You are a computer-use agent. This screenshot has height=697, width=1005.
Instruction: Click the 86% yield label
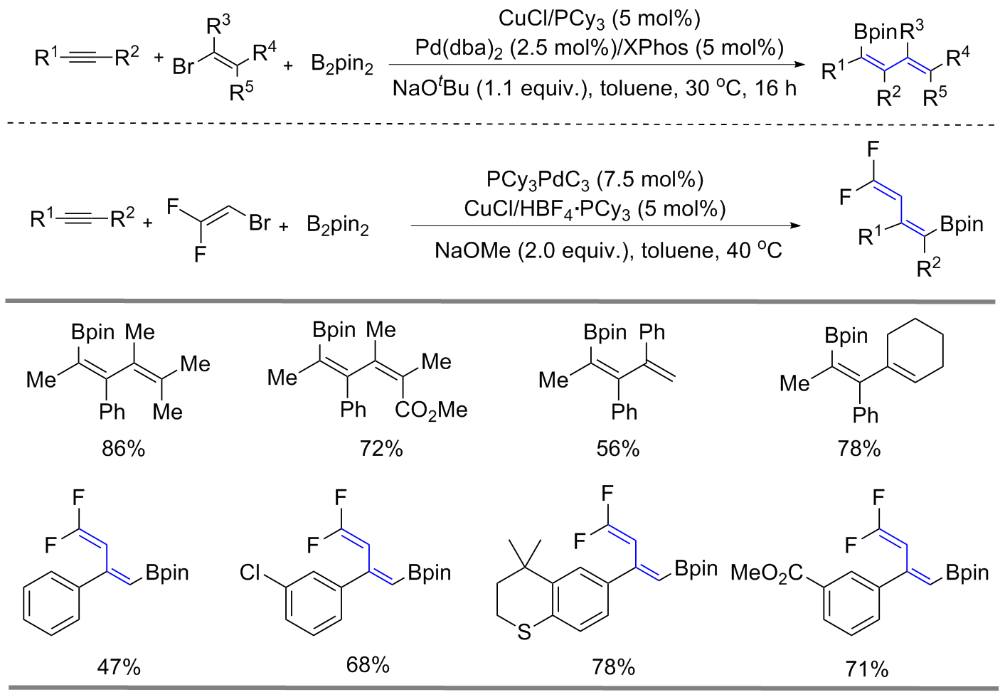click(x=123, y=449)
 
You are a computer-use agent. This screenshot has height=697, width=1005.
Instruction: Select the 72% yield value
click(x=381, y=449)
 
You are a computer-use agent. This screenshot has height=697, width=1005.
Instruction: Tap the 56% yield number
click(x=618, y=449)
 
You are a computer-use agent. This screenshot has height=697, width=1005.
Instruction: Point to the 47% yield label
click(x=119, y=667)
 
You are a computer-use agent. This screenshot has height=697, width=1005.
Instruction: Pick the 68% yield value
click(x=368, y=665)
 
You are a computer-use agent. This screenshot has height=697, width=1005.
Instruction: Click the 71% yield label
click(x=867, y=669)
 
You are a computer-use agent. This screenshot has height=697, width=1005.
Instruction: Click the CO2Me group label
click(x=431, y=410)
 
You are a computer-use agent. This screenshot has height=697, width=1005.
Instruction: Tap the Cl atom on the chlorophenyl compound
click(x=251, y=573)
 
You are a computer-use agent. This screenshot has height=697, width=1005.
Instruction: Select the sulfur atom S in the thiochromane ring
click(x=524, y=632)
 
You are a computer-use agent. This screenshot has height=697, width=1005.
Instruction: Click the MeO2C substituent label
click(x=767, y=573)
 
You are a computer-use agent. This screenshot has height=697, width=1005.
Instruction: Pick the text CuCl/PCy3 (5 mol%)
click(x=599, y=18)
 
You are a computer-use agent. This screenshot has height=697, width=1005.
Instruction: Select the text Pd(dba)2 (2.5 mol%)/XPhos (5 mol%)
click(x=599, y=48)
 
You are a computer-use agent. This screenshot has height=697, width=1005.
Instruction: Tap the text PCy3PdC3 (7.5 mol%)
click(x=595, y=180)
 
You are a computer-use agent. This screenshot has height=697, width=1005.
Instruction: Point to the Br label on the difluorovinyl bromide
click(x=260, y=223)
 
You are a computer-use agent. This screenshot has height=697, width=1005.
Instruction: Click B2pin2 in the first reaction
click(x=342, y=64)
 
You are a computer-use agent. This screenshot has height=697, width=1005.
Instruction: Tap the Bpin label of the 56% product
click(x=605, y=332)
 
